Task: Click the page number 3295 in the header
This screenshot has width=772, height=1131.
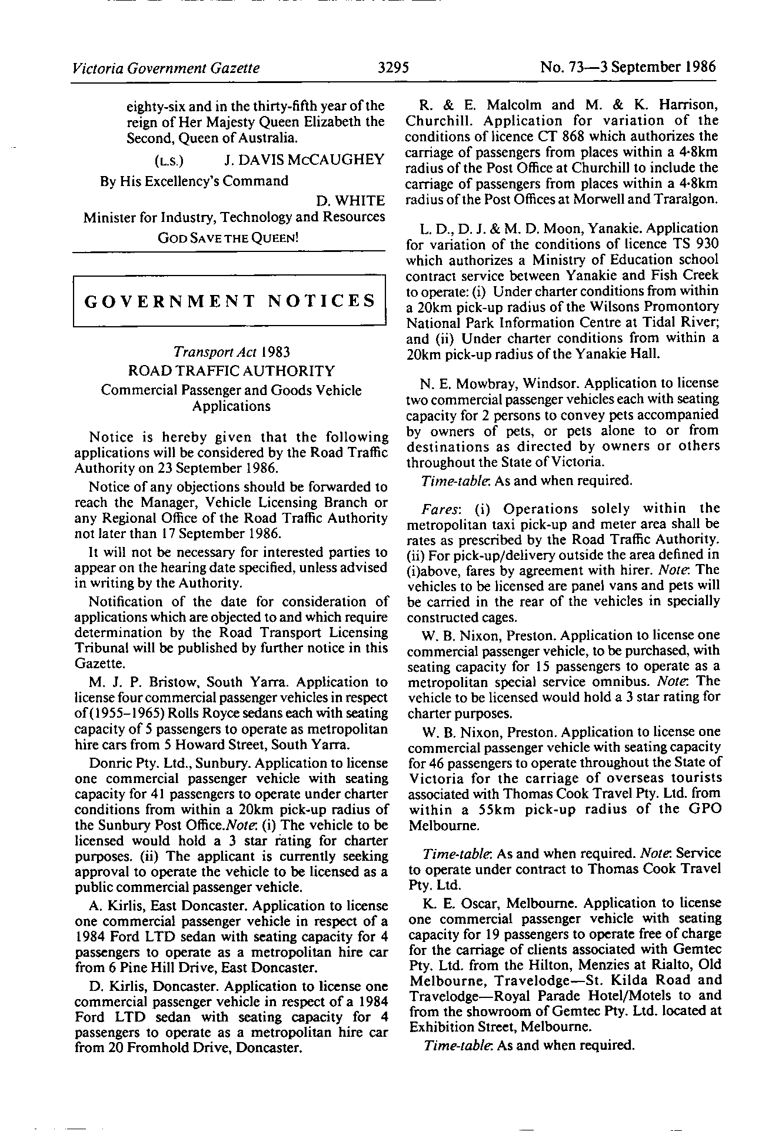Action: click(393, 67)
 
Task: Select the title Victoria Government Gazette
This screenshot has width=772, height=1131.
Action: click(165, 68)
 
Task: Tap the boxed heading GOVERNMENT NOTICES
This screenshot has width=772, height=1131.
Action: click(230, 301)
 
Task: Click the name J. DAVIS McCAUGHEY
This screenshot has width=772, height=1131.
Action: click(304, 160)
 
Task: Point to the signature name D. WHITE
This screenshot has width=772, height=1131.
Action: click(350, 201)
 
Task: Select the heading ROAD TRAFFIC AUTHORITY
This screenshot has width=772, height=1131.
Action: click(232, 372)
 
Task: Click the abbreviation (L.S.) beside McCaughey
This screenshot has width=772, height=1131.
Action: click(169, 161)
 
